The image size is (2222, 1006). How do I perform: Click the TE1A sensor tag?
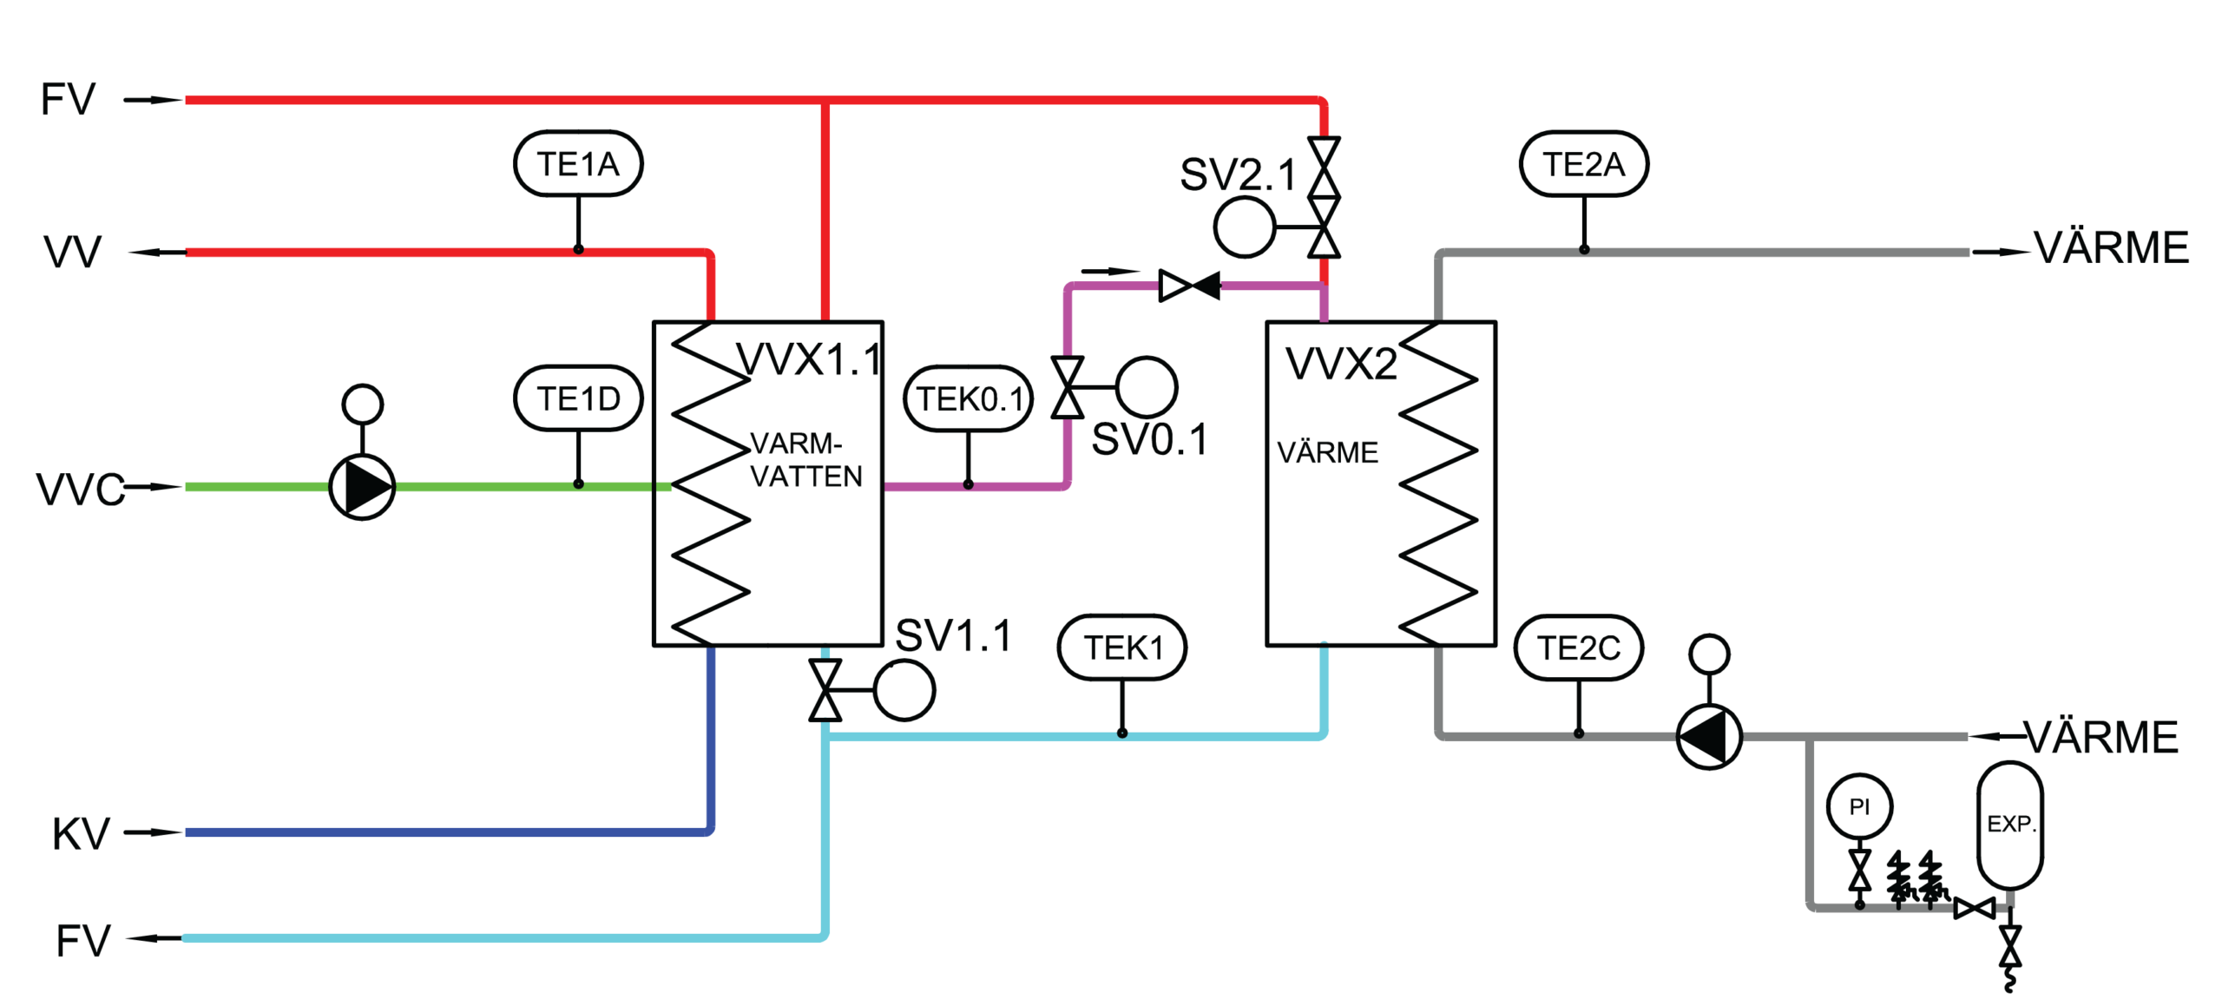point(578,164)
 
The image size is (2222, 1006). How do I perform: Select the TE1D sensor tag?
point(578,399)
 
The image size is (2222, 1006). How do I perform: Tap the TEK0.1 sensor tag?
point(969,399)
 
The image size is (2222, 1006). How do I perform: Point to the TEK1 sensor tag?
point(1122,648)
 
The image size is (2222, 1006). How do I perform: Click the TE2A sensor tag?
point(1584,164)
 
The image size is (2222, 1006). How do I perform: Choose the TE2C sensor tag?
point(1579,648)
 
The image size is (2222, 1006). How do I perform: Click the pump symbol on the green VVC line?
point(362,487)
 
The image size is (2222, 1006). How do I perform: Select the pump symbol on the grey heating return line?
point(1708,736)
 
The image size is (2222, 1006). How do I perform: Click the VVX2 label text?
point(1341,363)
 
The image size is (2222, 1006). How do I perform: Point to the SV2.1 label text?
point(1238,175)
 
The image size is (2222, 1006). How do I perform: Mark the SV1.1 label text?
point(953,636)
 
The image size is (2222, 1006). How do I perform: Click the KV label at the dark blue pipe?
point(81,834)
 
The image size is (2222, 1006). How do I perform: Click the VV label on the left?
point(74,253)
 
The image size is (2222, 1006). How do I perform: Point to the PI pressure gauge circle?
point(1858,807)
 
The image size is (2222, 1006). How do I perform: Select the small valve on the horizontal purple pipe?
point(1190,285)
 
